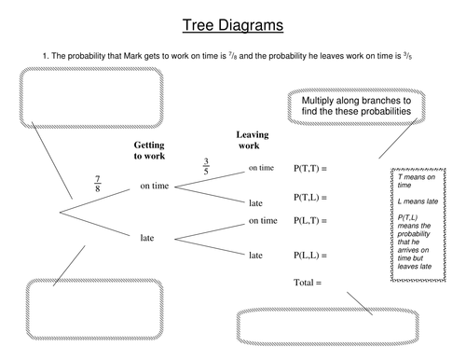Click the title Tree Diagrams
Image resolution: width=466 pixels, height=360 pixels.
tap(233, 24)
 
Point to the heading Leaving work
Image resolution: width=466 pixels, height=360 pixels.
tap(253, 140)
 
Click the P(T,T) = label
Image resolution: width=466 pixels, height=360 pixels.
tap(313, 169)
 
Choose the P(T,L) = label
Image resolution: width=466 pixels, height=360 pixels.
tap(313, 198)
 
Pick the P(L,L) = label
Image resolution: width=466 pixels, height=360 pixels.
tap(313, 255)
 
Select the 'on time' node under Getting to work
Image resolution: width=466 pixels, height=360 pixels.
tap(155, 187)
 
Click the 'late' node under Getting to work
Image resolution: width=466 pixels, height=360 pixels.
tap(147, 238)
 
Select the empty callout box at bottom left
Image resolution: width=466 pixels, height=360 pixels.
tap(68, 310)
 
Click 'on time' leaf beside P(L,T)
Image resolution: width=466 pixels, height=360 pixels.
tap(262, 221)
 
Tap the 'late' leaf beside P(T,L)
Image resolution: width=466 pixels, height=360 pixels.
tap(256, 202)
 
